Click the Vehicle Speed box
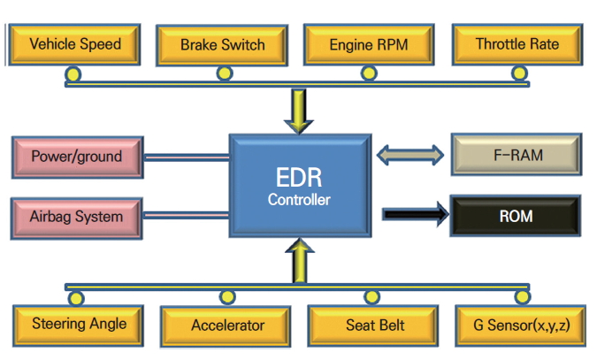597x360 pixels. click(74, 43)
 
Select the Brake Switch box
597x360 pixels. click(222, 44)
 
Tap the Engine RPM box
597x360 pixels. click(369, 44)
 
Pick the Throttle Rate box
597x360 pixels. click(517, 43)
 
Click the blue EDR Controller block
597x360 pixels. click(298, 185)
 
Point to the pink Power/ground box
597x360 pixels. click(76, 157)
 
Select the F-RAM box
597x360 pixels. click(516, 156)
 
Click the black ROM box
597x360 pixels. click(516, 214)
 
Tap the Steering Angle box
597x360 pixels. click(79, 324)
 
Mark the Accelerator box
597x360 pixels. click(227, 326)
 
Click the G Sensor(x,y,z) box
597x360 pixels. click(522, 326)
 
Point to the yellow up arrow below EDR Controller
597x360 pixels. click(300, 262)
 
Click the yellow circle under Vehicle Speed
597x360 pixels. click(74, 73)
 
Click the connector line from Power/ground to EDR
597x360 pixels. click(185, 157)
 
